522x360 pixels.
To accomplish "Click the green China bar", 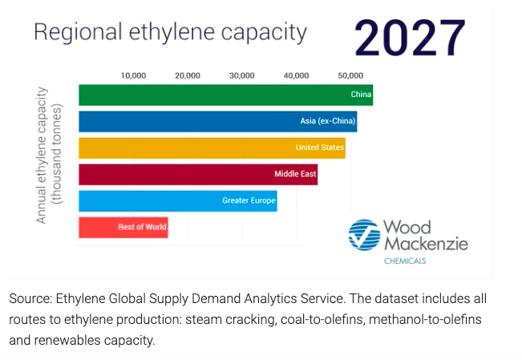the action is [225, 95].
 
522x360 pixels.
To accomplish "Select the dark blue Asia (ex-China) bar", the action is [218, 122].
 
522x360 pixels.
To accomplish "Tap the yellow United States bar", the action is [212, 148].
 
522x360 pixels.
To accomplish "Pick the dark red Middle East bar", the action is [198, 175].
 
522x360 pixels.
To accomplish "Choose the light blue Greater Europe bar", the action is [178, 201].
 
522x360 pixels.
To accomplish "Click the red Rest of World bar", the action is [123, 228].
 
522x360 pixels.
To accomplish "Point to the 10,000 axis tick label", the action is [133, 76].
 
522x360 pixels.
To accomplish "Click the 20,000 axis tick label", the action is [188, 76].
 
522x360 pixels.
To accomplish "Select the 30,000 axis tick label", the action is [242, 76].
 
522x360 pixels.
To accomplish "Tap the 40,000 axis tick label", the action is [297, 76].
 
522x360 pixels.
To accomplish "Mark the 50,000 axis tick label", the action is [350, 76].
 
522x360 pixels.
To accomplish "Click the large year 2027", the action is [410, 38].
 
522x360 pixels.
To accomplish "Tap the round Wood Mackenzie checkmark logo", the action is [364, 235].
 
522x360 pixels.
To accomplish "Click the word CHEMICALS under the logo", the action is [405, 261].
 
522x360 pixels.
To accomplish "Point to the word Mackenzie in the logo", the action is [426, 244].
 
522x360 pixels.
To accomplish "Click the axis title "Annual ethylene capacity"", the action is [41, 156].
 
